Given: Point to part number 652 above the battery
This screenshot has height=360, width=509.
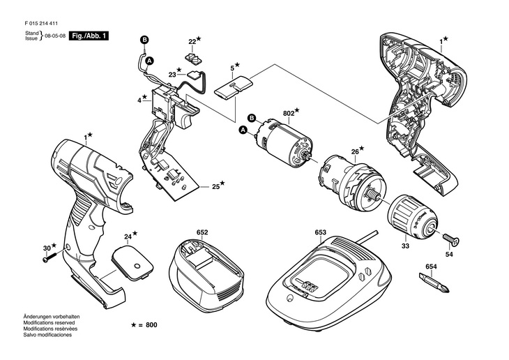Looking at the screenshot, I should click(202, 232).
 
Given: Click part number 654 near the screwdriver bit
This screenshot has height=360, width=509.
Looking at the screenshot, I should click(432, 267).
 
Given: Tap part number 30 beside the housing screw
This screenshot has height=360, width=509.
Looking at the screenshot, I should click(46, 248).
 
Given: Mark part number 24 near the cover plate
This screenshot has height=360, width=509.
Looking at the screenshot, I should click(128, 236).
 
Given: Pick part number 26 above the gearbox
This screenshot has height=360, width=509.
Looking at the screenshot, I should click(355, 151).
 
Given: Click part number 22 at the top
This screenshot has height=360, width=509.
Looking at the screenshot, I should click(191, 41).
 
